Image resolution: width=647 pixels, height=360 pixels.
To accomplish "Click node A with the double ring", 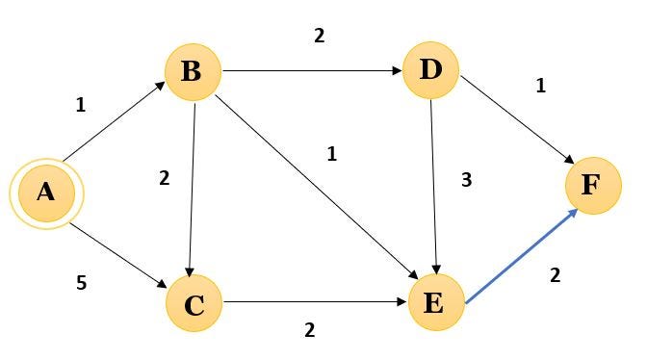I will pos(45,193).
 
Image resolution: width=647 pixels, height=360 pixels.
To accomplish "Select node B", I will pos(193,71).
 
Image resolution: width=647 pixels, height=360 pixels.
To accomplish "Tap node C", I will pos(194,304).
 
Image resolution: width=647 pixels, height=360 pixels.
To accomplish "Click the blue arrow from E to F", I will pos(521,254).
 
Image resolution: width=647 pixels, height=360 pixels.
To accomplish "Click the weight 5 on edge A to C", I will pos(81,284).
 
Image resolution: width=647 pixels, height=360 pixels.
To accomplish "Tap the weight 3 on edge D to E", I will pos(467,180).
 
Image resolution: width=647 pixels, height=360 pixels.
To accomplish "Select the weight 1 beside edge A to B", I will pos(81,105).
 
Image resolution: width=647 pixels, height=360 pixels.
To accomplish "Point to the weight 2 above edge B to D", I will pos(319,36).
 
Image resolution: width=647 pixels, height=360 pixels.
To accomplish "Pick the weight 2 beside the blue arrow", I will pos(555,275).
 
